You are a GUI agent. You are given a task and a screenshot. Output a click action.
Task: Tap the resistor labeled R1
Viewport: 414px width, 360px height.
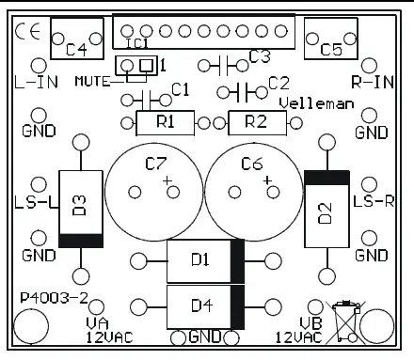pos(166,121)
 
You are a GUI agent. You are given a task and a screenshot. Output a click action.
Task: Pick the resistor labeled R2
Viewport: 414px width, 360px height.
pos(254,121)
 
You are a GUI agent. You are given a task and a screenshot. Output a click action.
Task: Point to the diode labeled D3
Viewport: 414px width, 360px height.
pos(79,208)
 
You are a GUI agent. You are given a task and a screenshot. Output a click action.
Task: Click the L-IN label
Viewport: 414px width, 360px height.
pos(37,82)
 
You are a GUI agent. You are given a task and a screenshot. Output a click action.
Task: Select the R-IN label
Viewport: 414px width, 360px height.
pos(371,83)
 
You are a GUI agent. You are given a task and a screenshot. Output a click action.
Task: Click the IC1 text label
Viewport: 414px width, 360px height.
pos(136,43)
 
